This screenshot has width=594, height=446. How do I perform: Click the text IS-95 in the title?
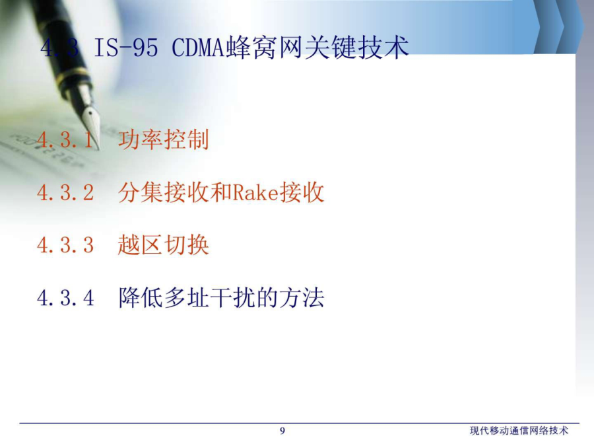(x=126, y=48)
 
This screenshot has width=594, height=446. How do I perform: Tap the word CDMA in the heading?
(x=198, y=48)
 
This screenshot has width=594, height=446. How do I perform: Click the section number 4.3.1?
(x=65, y=139)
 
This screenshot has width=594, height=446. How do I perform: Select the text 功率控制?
(x=163, y=139)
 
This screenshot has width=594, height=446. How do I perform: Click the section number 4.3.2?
(x=65, y=192)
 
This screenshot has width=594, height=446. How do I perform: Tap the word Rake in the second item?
(x=255, y=192)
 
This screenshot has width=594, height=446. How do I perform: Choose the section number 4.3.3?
(x=65, y=245)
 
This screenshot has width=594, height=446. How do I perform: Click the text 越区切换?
(x=163, y=244)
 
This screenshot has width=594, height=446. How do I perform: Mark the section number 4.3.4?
(x=65, y=298)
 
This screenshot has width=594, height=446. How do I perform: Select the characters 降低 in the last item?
(x=141, y=297)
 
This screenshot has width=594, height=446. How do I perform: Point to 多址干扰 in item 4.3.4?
(x=209, y=297)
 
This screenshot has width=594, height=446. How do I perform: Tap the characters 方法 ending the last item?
(x=302, y=297)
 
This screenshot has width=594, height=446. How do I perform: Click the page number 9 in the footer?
(x=282, y=431)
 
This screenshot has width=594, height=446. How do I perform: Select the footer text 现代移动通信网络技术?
(x=519, y=431)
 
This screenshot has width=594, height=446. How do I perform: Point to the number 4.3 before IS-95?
(x=59, y=48)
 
